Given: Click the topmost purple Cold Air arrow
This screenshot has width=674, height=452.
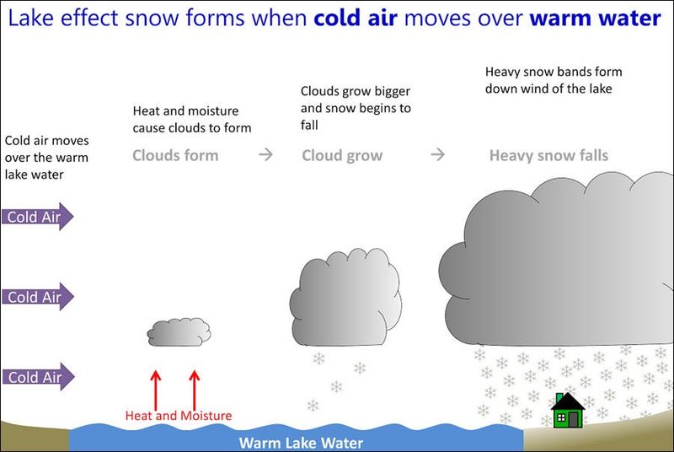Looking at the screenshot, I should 37,217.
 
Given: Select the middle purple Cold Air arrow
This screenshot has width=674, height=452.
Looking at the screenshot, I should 37,297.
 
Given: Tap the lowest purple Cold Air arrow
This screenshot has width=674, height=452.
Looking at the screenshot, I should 37,377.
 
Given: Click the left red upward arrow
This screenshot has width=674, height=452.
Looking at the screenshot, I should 156,388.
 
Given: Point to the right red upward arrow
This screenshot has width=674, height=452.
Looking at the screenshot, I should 195,388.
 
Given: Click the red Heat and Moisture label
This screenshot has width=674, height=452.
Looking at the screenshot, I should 178,415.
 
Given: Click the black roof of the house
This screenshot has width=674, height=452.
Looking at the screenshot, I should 568,401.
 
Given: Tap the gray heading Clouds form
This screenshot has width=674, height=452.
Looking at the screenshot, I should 175,155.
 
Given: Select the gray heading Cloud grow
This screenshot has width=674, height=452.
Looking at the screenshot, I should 342,155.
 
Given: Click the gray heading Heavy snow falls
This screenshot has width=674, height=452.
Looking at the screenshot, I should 548,155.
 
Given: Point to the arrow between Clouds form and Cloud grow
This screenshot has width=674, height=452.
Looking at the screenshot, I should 265,155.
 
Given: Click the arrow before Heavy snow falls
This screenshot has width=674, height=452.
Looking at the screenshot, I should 437,155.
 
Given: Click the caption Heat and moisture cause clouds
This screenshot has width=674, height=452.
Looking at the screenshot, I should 192,119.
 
